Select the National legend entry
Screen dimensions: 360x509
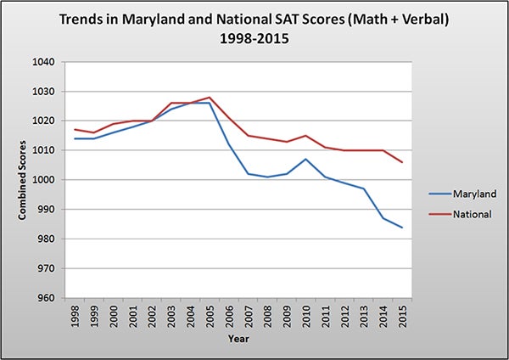467,214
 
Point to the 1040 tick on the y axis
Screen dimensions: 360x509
42,62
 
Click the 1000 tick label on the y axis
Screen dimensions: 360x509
42,180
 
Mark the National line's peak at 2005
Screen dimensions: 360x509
209,98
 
